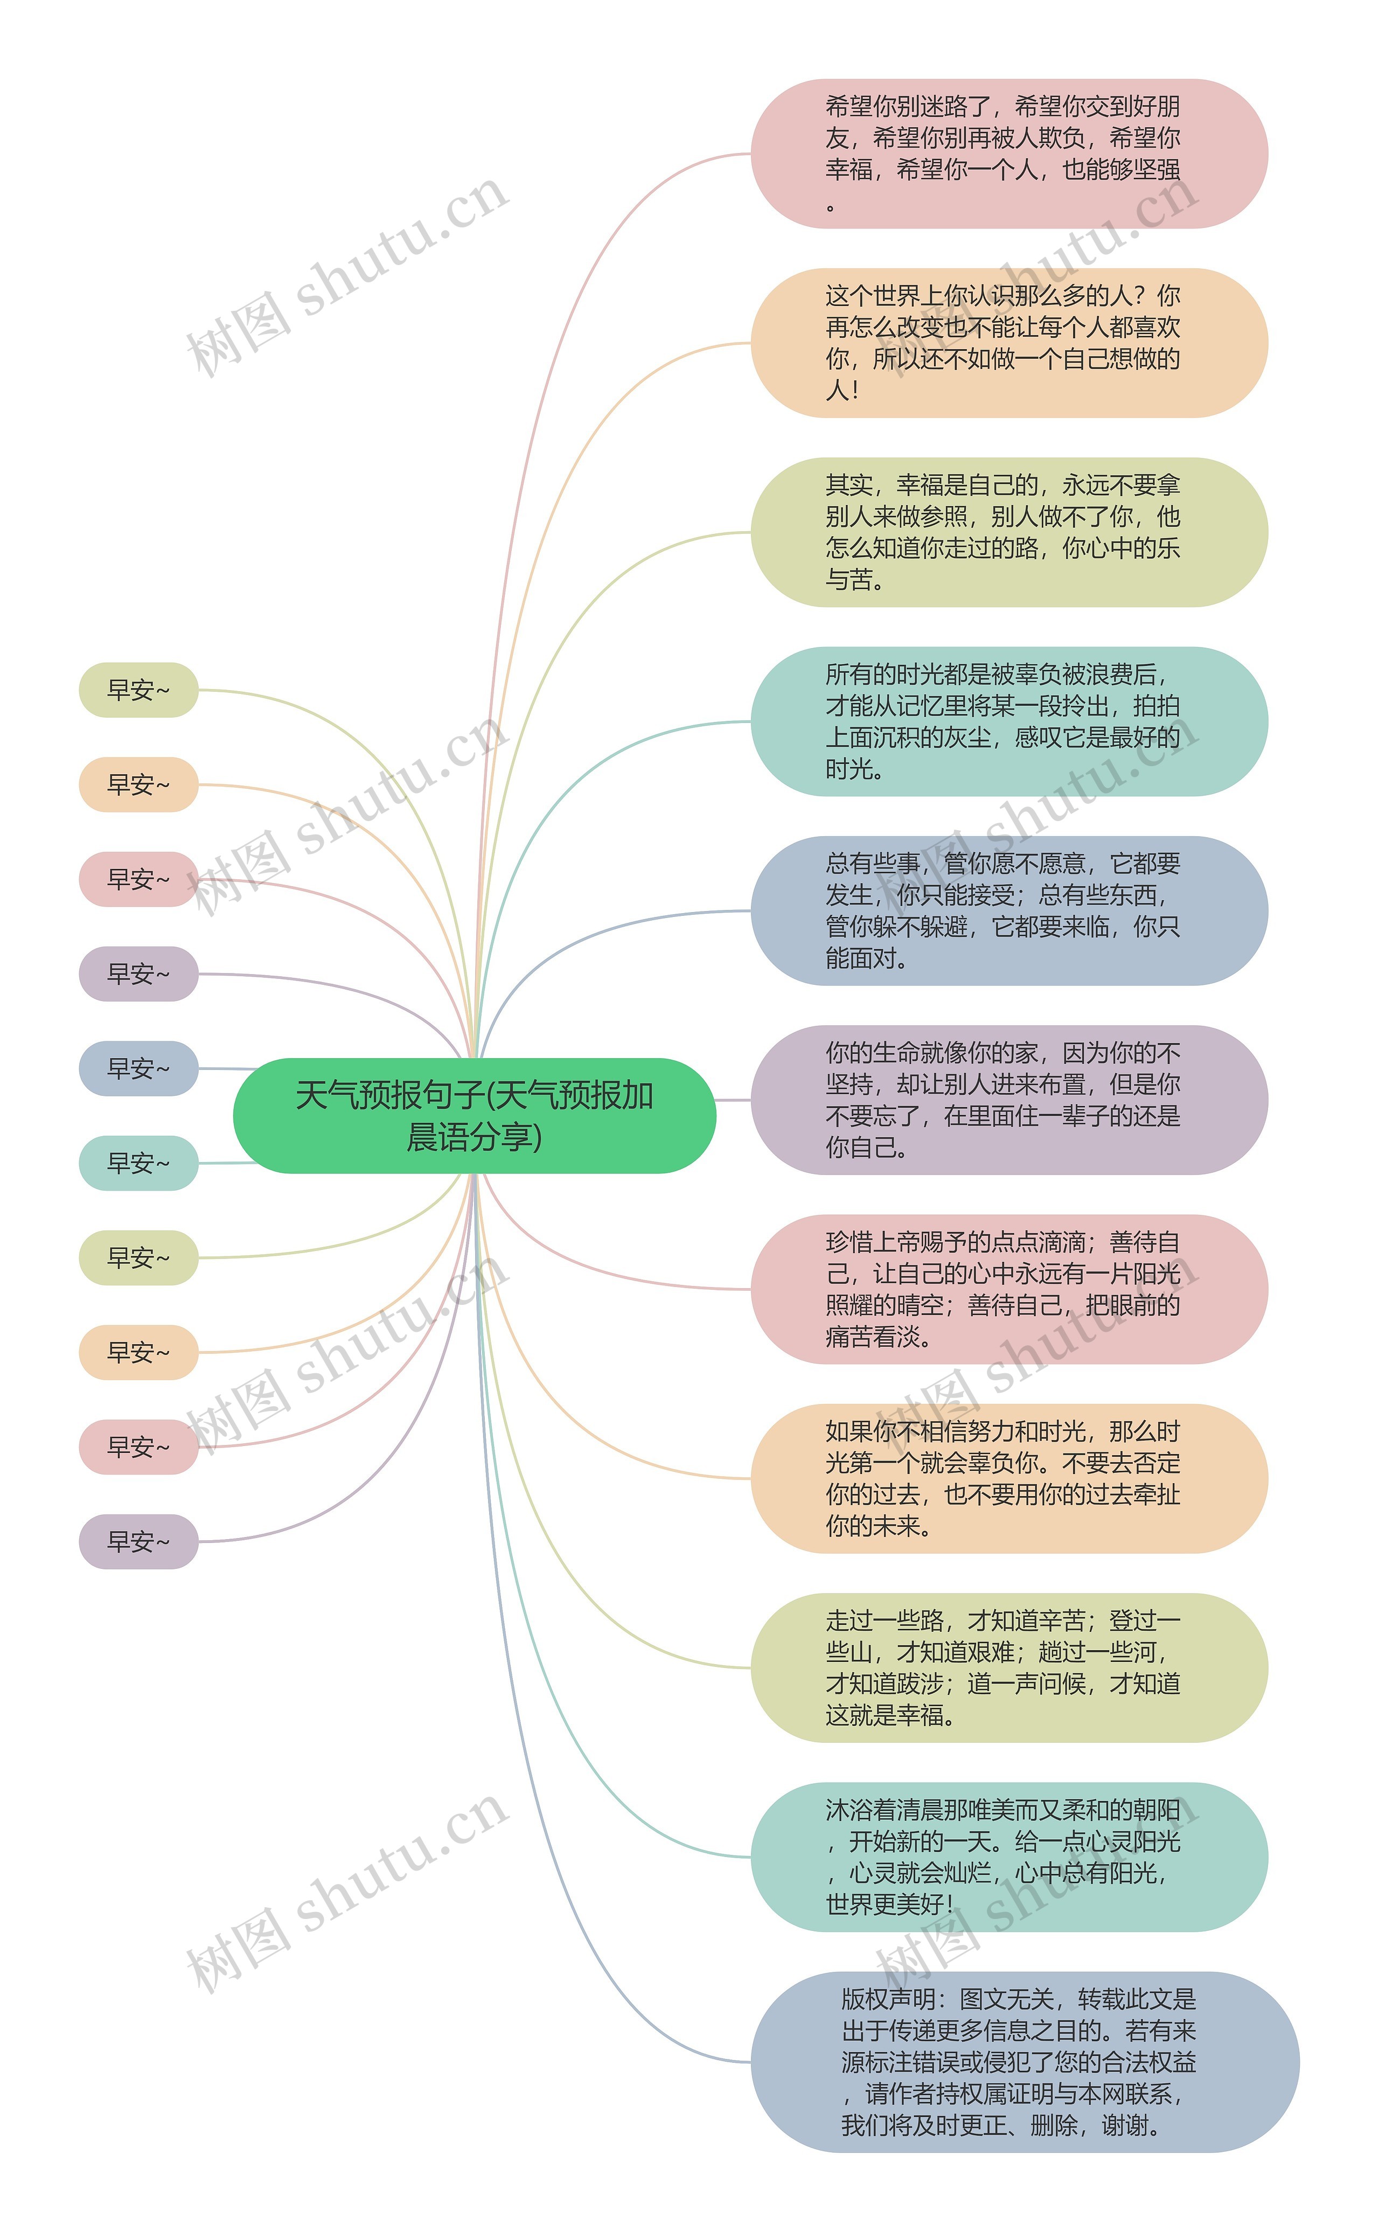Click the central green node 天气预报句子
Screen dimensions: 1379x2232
[474, 1116]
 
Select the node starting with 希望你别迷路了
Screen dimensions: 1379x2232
[1009, 153]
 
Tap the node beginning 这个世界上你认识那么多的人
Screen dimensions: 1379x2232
[1009, 343]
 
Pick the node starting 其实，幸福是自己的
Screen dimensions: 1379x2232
[1009, 532]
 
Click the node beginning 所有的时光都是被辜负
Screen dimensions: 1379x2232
[1009, 721]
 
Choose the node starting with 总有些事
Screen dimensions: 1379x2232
[1009, 910]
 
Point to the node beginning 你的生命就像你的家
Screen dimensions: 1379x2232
[1009, 1100]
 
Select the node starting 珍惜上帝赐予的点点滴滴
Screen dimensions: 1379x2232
[1009, 1289]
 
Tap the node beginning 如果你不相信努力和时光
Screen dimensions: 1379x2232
[1009, 1479]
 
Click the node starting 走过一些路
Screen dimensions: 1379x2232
[1009, 1667]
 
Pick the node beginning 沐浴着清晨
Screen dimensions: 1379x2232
[1009, 1857]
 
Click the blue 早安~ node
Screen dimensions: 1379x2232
[138, 1068]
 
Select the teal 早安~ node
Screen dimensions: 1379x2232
[138, 1163]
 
